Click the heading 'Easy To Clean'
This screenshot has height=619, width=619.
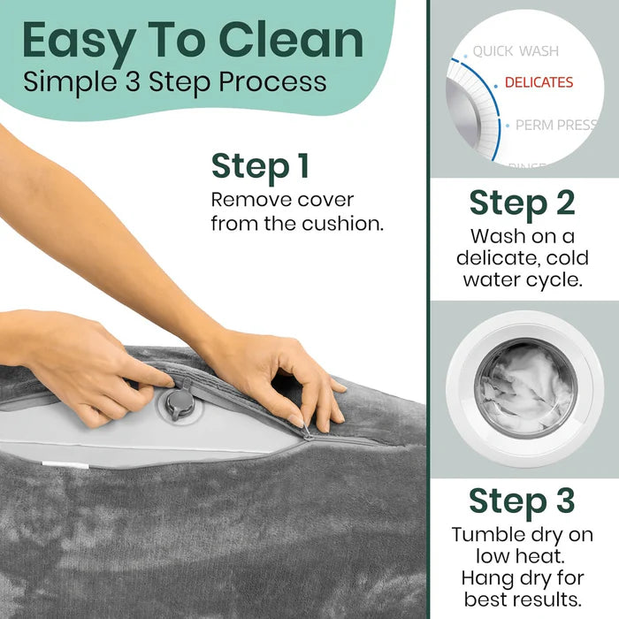tap(193, 41)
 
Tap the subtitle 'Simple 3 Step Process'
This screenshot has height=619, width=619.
tap(175, 82)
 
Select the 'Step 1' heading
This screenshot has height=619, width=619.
tap(260, 166)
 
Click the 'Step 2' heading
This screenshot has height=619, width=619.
tap(522, 203)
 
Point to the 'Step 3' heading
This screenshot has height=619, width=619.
tap(522, 501)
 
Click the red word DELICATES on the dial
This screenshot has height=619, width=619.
tap(539, 82)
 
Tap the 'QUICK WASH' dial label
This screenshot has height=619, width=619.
tap(516, 51)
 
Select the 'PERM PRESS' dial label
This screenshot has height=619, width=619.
tap(556, 126)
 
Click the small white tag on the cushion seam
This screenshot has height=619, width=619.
tap(65, 465)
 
